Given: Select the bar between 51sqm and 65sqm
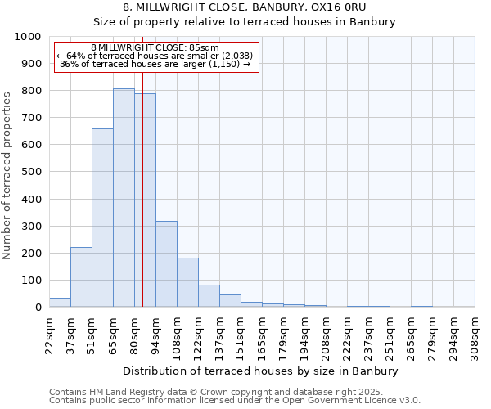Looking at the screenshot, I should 102,218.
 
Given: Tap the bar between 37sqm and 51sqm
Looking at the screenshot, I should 81,277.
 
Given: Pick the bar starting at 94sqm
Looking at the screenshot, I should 166,264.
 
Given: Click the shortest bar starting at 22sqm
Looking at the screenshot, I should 60,303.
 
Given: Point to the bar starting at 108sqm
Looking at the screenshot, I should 187,282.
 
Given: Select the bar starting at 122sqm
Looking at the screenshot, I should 209,296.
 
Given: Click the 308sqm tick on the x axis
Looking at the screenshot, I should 475,335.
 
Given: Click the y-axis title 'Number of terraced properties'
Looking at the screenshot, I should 8,175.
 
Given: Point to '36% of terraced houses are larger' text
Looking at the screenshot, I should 155,64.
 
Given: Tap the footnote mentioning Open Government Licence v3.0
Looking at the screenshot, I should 235,400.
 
